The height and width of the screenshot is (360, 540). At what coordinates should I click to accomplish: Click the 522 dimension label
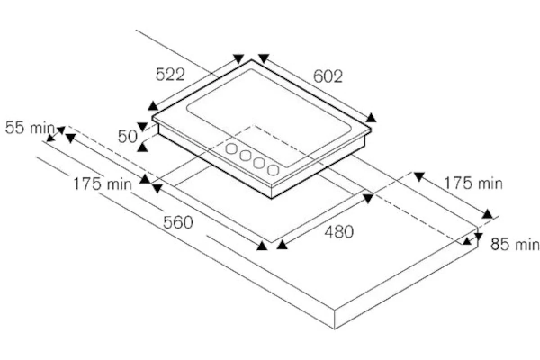[x=170, y=75]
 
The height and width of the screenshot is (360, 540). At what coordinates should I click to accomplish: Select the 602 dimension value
[x=328, y=76]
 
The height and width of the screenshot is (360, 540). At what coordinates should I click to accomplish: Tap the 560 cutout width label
[x=178, y=222]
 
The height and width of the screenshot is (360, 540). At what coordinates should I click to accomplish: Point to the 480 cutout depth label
[x=339, y=232]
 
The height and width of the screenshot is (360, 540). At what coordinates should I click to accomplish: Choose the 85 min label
[x=515, y=244]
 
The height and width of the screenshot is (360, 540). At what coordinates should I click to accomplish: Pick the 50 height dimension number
[x=127, y=137]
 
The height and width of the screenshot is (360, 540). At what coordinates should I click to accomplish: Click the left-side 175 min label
[x=103, y=184]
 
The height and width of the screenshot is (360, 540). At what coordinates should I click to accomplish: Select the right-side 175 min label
[x=473, y=183]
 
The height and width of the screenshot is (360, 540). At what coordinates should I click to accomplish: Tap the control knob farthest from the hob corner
[x=231, y=148]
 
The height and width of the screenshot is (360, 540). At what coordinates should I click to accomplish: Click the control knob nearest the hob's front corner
[x=273, y=170]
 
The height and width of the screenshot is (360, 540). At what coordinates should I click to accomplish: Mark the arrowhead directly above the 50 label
[x=142, y=126]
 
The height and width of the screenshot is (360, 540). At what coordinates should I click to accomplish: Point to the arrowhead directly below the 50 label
[x=142, y=148]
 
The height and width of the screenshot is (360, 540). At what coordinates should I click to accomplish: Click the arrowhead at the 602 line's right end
[x=371, y=118]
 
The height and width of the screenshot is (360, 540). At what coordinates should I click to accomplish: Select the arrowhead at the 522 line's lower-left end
[x=153, y=106]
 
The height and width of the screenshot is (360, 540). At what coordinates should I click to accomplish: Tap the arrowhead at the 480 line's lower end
[x=282, y=245]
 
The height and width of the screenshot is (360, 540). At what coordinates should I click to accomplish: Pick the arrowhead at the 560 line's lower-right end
[x=262, y=246]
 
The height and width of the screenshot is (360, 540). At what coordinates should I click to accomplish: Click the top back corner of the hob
[x=252, y=60]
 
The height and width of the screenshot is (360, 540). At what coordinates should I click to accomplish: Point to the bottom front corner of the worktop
[x=335, y=329]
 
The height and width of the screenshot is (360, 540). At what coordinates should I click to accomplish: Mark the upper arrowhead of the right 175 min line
[x=419, y=176]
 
